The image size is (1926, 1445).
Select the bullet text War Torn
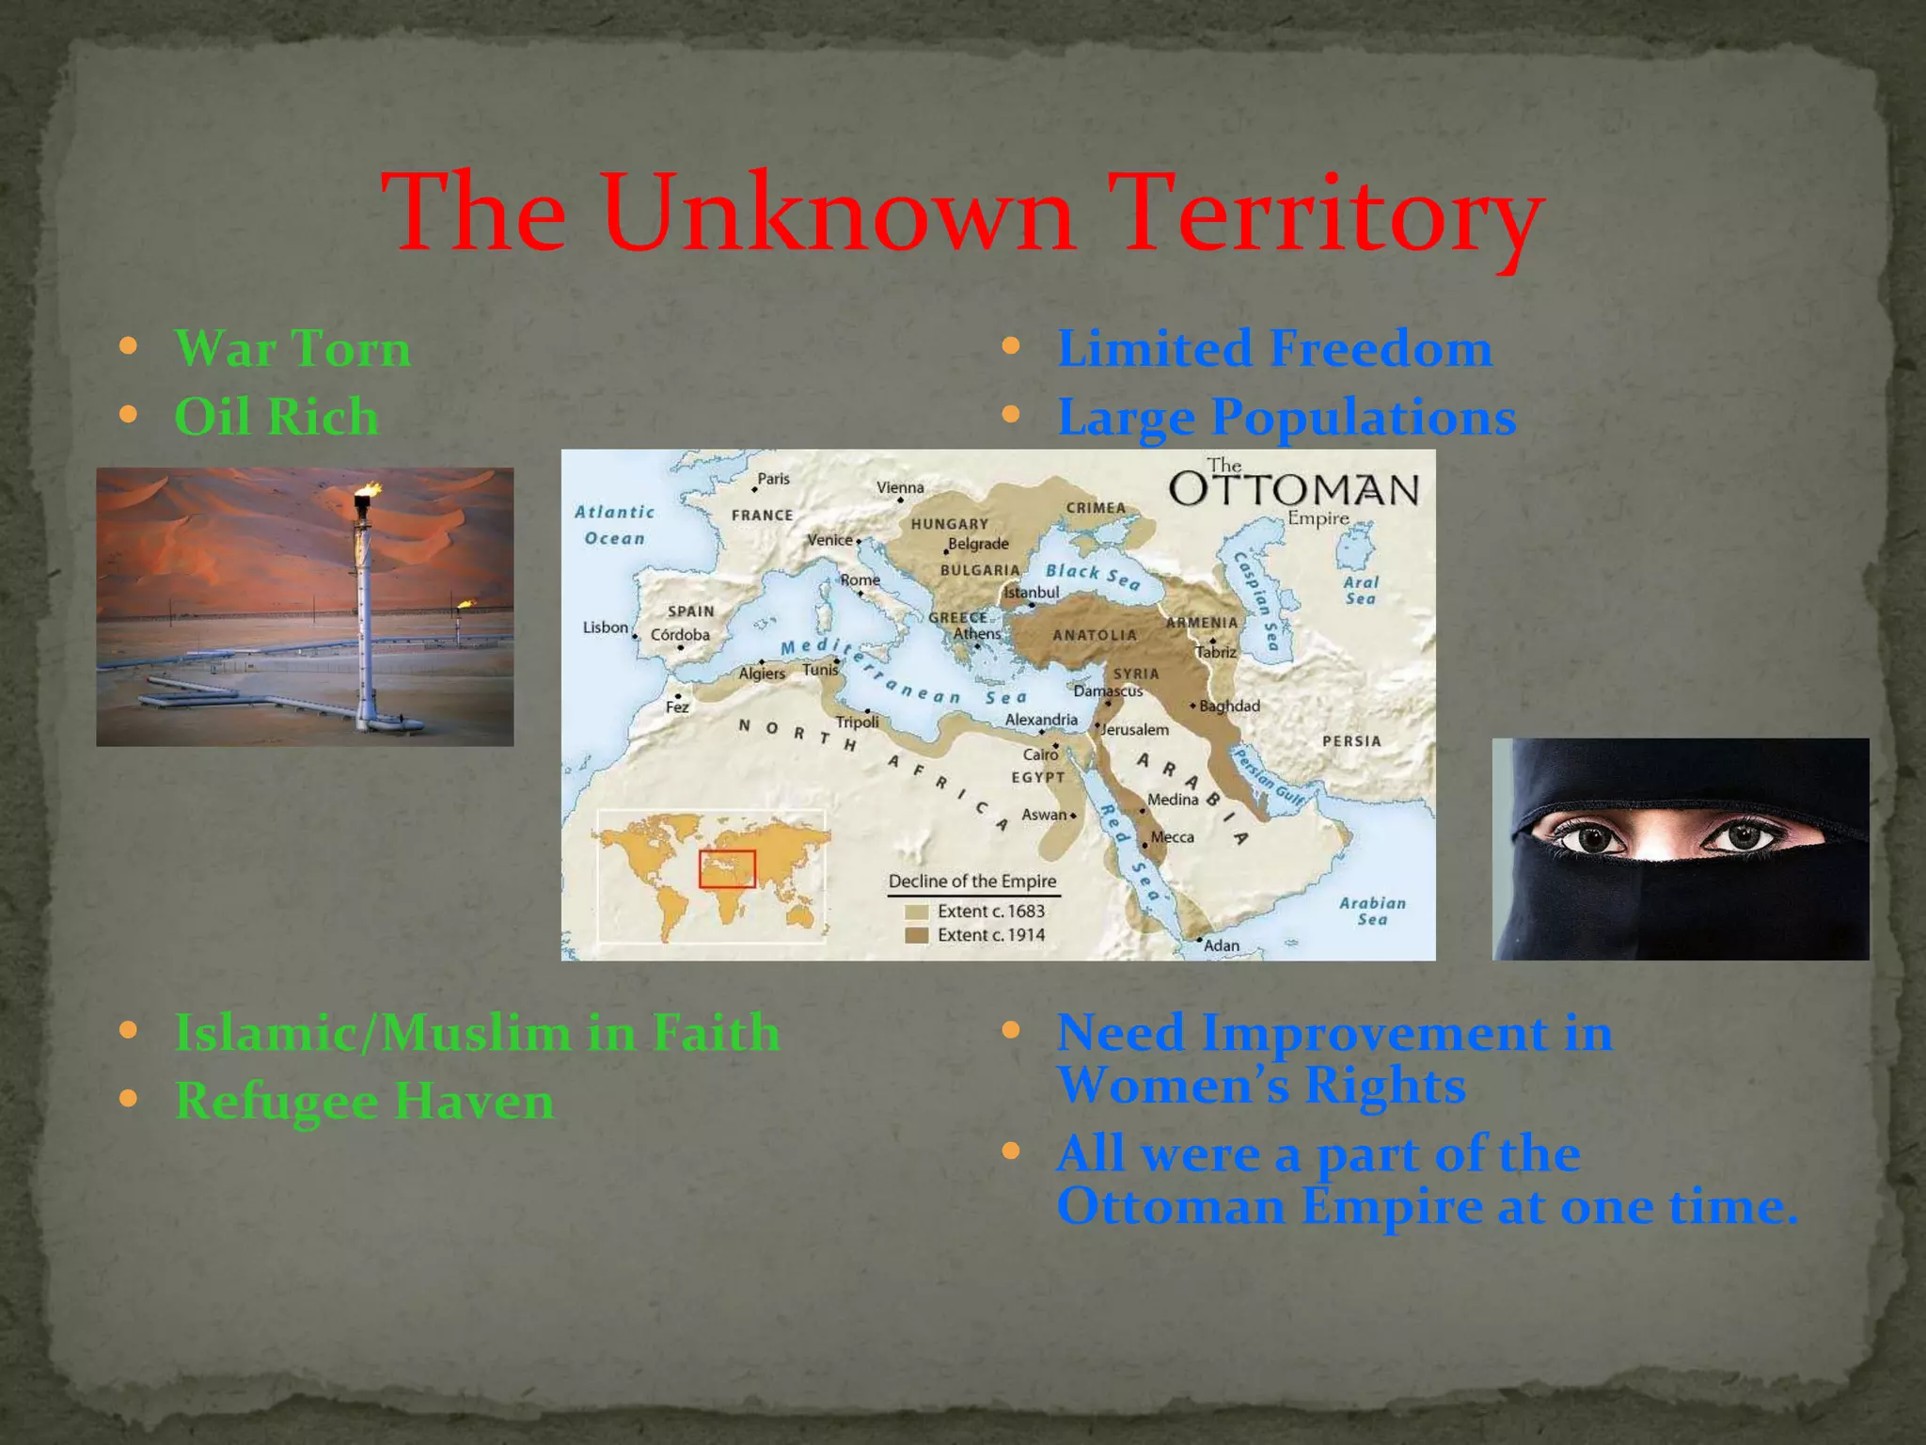292,349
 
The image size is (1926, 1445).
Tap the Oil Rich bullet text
276,417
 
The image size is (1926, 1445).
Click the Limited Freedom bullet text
1274,349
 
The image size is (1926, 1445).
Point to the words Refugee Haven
365,1101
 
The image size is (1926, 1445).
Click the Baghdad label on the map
1229,706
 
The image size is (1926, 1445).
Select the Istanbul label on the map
1032,593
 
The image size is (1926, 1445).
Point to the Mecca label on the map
1172,837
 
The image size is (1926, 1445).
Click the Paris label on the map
773,479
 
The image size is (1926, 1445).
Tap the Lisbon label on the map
605,627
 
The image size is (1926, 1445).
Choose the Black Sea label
1093,575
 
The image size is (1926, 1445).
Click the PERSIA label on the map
1351,741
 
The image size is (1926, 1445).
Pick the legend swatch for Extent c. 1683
916,912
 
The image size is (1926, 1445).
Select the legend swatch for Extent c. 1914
916,935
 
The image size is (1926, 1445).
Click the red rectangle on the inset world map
727,868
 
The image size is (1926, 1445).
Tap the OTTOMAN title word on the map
1293,490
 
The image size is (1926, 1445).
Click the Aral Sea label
1361,590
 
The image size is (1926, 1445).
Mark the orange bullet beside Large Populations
1011,415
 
